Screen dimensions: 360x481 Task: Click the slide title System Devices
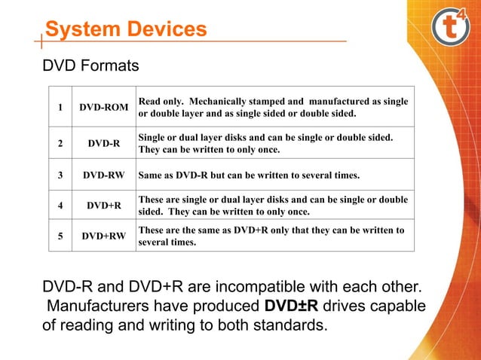coord(125,29)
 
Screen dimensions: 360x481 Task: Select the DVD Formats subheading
coord(90,66)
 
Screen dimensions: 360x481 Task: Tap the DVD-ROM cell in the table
coord(104,107)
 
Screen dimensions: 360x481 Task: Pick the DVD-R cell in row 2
coord(104,143)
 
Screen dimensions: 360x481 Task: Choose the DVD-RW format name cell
coord(104,175)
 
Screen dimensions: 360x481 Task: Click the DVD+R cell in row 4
coord(104,205)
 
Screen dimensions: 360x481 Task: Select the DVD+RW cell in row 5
coord(104,236)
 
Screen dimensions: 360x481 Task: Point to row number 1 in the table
coord(60,107)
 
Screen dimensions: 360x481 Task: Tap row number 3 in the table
coord(60,175)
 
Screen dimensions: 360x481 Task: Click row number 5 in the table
coord(60,236)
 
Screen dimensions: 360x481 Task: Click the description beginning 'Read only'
coord(273,107)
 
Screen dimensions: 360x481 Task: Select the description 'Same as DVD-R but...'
coord(249,175)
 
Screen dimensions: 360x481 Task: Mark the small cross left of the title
coord(38,40)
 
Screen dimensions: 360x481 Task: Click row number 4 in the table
coord(60,205)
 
